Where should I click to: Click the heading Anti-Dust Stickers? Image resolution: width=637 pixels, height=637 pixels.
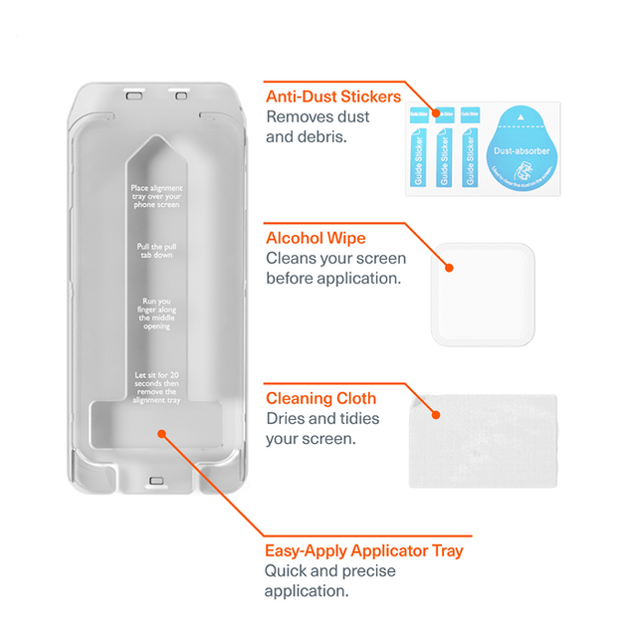[333, 97]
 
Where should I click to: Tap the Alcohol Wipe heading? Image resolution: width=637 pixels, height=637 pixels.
[316, 239]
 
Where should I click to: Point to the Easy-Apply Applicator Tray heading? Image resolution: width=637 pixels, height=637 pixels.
[363, 550]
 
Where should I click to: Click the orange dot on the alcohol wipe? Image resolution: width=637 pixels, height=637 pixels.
[450, 267]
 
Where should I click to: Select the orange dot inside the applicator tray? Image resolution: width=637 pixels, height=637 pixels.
[162, 433]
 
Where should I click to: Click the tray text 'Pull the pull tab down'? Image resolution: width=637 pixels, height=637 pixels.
[156, 251]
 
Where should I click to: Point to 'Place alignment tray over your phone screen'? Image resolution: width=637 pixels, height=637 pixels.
[156, 196]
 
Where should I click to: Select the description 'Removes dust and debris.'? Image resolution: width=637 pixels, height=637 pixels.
[318, 126]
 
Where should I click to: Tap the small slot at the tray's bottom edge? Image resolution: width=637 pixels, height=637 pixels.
[156, 481]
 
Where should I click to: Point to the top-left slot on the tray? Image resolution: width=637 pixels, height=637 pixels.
[132, 96]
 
